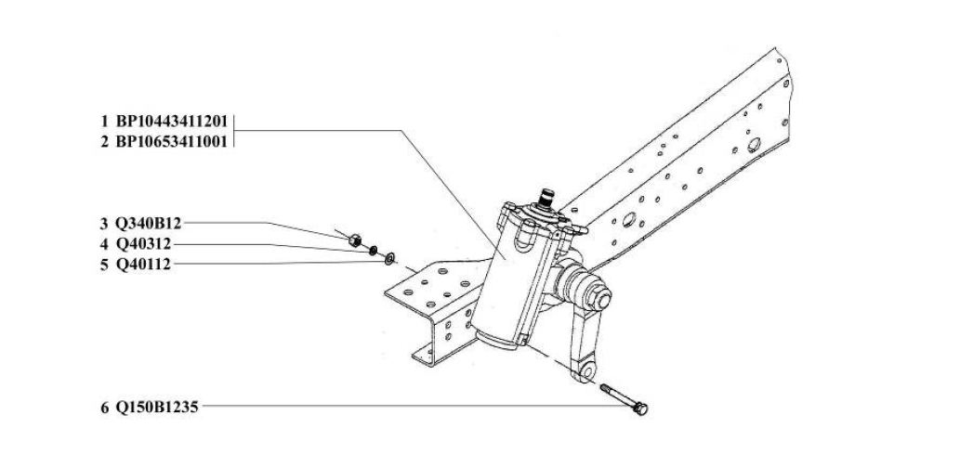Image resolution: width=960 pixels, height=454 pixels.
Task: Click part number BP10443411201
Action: (172, 120)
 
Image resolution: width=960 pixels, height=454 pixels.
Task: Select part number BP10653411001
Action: (172, 142)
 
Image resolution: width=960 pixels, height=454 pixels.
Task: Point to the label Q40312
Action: (144, 245)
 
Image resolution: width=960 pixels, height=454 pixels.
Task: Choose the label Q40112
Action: (144, 265)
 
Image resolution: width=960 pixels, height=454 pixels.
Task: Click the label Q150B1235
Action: (157, 407)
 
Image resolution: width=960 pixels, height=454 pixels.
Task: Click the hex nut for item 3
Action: (354, 240)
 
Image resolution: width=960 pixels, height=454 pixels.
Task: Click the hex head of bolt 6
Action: (640, 409)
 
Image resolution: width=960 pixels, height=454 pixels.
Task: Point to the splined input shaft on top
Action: (546, 199)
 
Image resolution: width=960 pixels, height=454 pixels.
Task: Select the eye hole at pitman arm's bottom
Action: (586, 371)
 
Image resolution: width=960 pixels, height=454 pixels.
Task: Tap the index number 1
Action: (105, 120)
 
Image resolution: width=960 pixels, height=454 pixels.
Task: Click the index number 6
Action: (105, 407)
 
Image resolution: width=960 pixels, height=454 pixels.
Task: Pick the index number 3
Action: (105, 224)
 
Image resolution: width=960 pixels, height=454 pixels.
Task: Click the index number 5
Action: (105, 265)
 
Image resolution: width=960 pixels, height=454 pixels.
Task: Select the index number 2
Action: (105, 142)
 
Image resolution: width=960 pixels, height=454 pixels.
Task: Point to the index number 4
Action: (105, 245)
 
